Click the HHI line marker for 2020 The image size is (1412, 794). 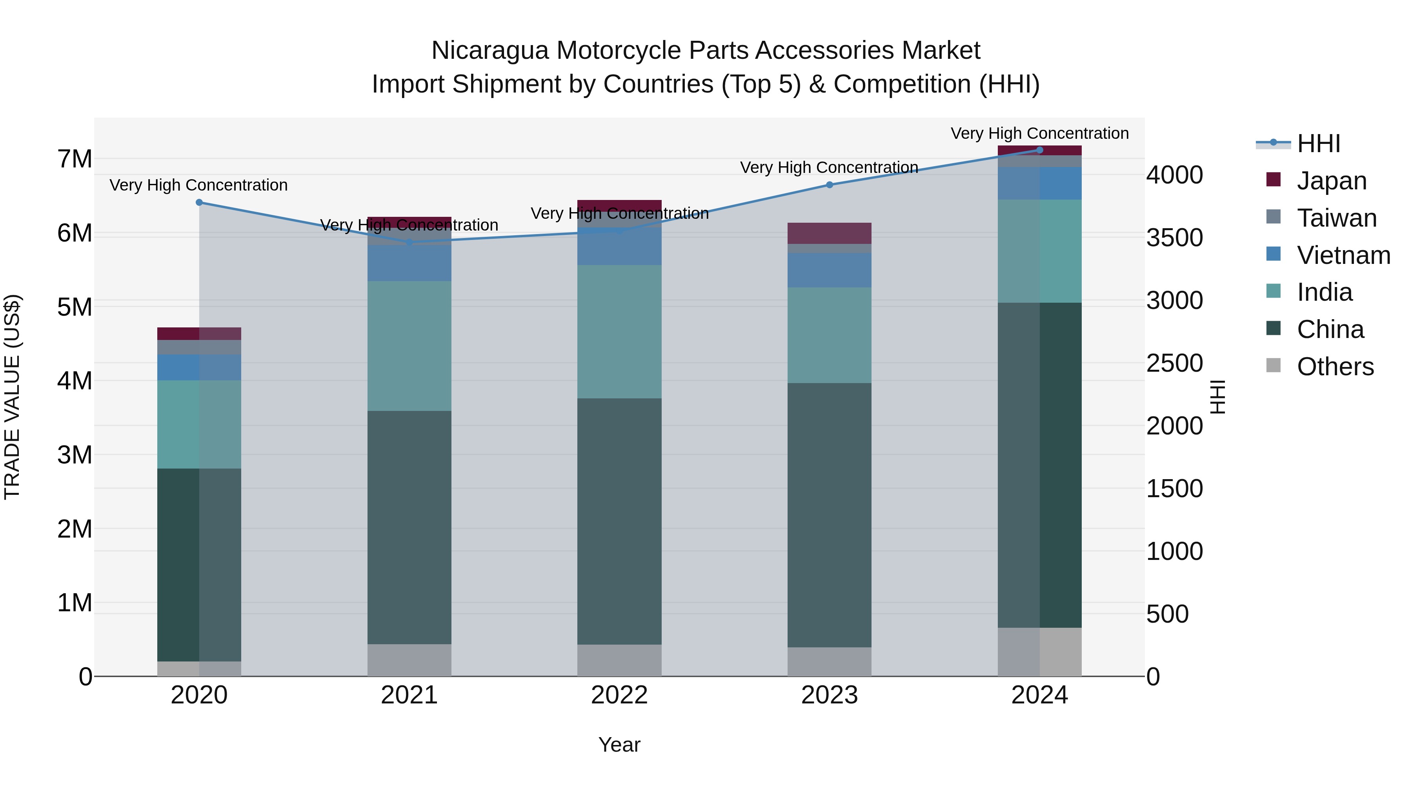[199, 203]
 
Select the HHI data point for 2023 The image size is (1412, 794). [829, 185]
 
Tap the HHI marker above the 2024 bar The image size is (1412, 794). [1040, 150]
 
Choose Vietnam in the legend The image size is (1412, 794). [1343, 255]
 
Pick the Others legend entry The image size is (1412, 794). [1335, 367]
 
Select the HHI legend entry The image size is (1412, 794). [1318, 144]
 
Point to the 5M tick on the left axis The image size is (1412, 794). [75, 307]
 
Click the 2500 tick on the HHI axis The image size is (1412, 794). [1174, 363]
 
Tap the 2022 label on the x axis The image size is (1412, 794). [619, 695]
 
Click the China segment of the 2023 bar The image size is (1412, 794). [829, 515]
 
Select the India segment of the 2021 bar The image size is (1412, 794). [409, 346]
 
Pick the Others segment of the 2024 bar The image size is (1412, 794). [1040, 652]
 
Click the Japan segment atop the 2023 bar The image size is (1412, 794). [829, 233]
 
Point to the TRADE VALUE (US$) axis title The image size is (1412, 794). [13, 397]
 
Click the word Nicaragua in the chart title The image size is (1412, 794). [489, 51]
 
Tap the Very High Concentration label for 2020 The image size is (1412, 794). [198, 185]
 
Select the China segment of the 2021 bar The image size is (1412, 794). [409, 527]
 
